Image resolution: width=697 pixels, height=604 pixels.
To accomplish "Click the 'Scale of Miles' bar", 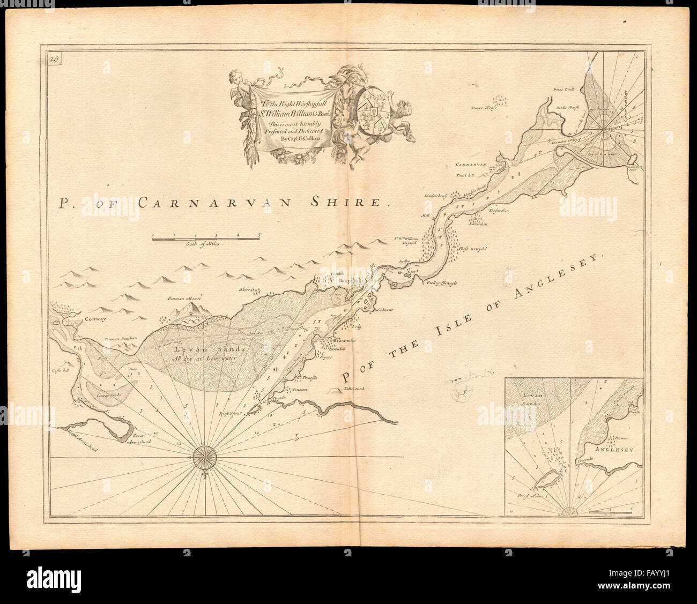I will point(205,238).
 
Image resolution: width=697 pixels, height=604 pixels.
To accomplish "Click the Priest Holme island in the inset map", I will point(546,478).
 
